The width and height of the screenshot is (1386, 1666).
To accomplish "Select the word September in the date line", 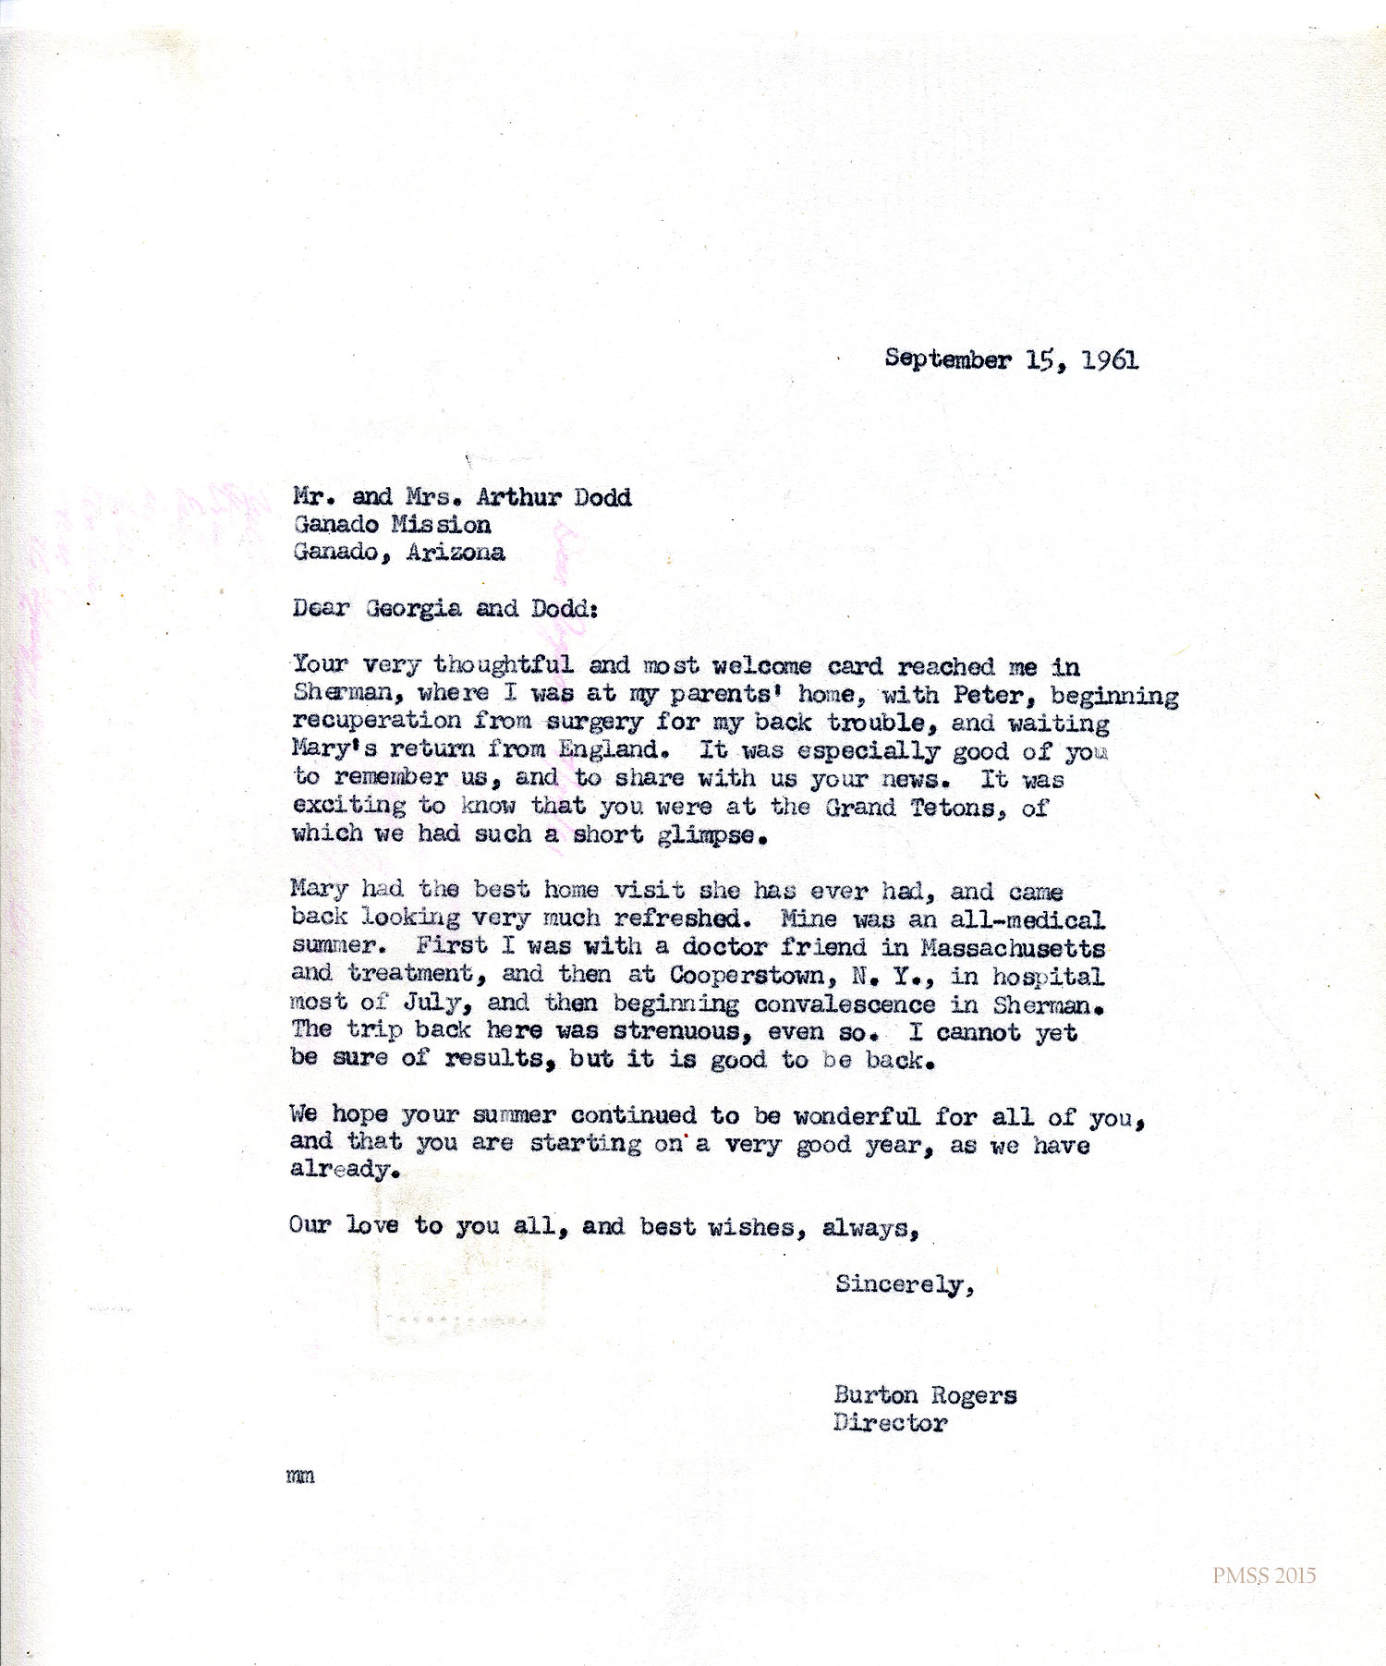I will tap(947, 359).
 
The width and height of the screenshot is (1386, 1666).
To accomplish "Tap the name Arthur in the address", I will tap(518, 497).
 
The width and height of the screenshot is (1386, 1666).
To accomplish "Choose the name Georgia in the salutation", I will tap(413, 608).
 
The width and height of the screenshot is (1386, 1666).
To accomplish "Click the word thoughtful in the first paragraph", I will tap(504, 664).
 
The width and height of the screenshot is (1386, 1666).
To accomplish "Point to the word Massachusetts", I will tap(1013, 948).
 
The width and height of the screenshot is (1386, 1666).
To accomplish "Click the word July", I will tap(432, 1003).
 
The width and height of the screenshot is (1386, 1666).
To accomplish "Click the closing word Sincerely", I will tap(904, 1284).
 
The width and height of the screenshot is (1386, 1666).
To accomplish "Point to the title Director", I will tap(890, 1423).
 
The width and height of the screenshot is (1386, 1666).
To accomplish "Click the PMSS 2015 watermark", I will tap(1264, 1575).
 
